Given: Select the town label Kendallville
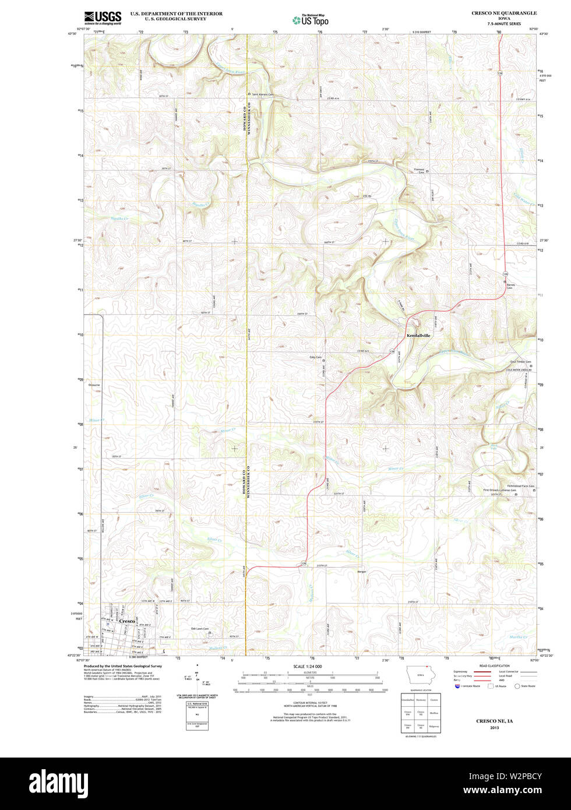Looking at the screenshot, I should (x=418, y=336).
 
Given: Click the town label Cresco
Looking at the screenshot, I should (x=127, y=621).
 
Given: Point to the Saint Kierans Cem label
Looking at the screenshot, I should (x=263, y=94).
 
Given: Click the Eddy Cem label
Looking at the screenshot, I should (x=315, y=357).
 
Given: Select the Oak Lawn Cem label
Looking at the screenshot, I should (x=200, y=629).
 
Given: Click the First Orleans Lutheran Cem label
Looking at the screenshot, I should (x=500, y=490).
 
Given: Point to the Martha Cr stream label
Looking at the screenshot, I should (x=517, y=636).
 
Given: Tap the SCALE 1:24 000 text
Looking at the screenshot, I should (x=308, y=666).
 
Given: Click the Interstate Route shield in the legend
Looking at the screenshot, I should (x=457, y=686).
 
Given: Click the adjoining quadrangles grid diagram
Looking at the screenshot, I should (x=420, y=713).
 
